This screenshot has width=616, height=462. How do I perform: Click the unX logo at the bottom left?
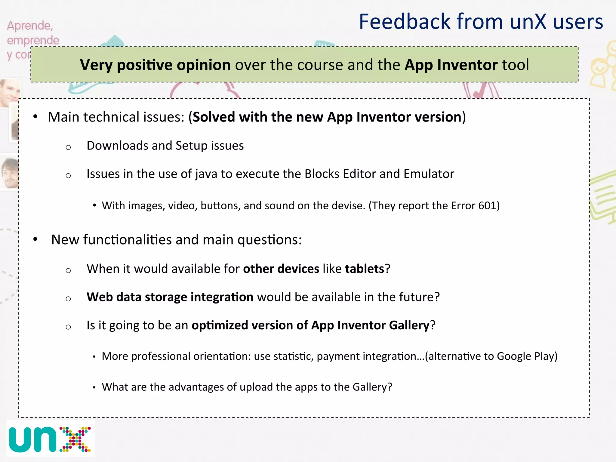(x=50, y=439)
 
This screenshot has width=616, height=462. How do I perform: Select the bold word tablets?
(x=365, y=269)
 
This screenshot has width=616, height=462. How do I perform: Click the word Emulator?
(x=429, y=174)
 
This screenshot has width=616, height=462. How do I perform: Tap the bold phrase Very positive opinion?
(x=155, y=65)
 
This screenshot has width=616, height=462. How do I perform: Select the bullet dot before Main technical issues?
(x=35, y=117)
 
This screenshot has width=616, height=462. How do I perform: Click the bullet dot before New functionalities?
(x=35, y=239)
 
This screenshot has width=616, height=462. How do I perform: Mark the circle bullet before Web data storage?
(x=68, y=298)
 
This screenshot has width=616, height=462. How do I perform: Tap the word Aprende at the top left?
(x=30, y=26)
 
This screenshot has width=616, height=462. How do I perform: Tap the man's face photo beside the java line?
(x=10, y=173)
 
